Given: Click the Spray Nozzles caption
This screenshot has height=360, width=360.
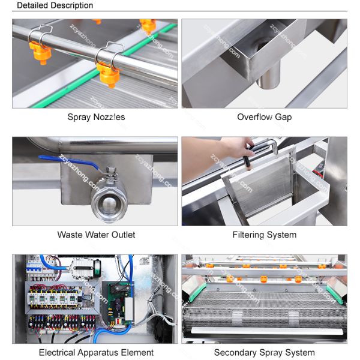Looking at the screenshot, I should [x=96, y=117].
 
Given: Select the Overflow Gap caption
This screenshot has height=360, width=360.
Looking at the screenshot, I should [x=264, y=117].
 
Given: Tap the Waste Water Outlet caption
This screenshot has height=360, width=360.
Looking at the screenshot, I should [x=96, y=235].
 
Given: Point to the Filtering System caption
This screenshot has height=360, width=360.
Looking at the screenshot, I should [x=264, y=235].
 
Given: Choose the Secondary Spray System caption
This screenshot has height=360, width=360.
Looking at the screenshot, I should [x=264, y=352].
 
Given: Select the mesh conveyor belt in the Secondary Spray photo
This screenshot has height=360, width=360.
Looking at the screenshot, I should [x=264, y=312].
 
